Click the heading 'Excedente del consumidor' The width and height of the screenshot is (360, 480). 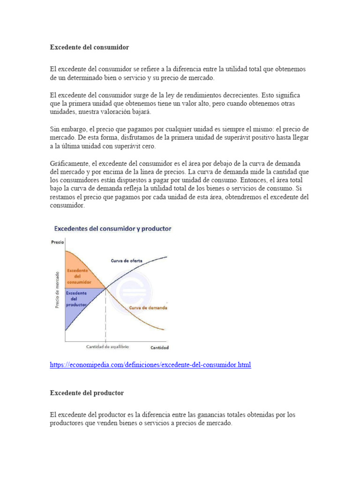point(89,47)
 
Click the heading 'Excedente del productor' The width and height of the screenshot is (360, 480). point(87,393)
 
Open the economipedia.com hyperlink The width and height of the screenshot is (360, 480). point(150,364)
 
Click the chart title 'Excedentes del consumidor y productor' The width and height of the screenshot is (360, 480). point(113,229)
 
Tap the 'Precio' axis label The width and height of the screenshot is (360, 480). point(57,242)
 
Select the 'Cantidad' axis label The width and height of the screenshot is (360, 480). point(159,348)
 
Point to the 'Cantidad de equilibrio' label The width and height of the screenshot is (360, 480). point(107,347)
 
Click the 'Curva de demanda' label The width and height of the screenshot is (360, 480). point(148,308)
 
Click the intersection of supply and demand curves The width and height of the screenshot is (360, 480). point(105,288)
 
